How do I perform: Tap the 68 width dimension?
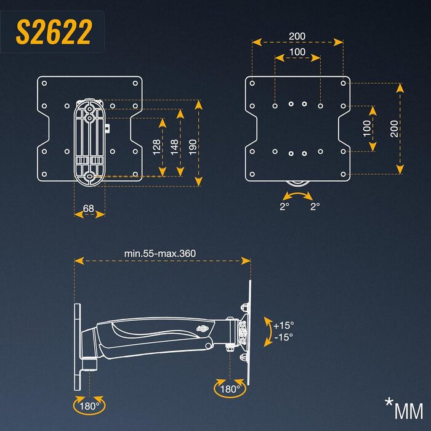(89, 209)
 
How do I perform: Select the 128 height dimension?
(156, 147)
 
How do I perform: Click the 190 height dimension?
(193, 147)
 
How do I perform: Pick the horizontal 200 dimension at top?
(297, 36)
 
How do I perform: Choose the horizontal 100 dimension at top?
(297, 52)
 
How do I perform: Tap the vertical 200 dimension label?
(395, 129)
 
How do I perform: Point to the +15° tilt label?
(283, 324)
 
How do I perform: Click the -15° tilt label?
(283, 337)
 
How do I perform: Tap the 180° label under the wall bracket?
(90, 406)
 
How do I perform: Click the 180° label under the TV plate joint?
(229, 389)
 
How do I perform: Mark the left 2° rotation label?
(284, 207)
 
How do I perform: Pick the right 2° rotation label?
(315, 207)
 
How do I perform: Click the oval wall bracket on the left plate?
(89, 142)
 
